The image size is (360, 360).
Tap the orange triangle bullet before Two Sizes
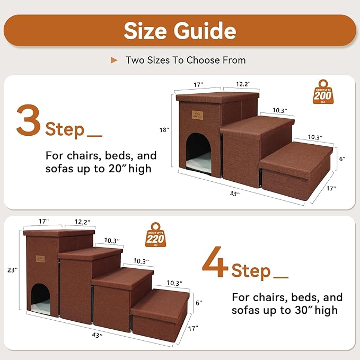pyautogui.click(x=114, y=60)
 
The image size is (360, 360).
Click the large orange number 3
pyautogui.click(x=29, y=121)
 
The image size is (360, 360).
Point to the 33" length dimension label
pyautogui.click(x=234, y=194)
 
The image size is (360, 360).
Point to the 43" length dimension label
pyautogui.click(x=98, y=335)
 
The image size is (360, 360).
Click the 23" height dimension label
pyautogui.click(x=13, y=270)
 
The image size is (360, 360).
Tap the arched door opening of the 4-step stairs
pyautogui.click(x=40, y=297)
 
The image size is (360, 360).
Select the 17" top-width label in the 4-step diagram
pyautogui.click(x=44, y=221)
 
